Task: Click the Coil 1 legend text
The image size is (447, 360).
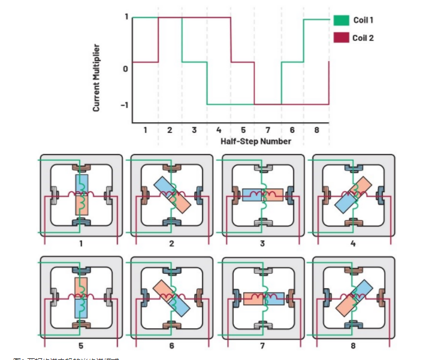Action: coord(364,20)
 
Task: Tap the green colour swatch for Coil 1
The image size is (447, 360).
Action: coord(341,20)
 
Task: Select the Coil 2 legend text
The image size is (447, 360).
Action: coord(364,38)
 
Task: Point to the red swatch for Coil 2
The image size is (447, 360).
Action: coord(341,38)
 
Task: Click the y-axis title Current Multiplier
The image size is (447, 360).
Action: coord(96,78)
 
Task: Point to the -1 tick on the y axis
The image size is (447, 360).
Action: coord(124,105)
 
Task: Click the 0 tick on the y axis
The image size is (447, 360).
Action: coord(125,69)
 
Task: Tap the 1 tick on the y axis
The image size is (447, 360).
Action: coord(126,17)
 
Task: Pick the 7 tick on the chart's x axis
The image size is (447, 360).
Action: coord(268,130)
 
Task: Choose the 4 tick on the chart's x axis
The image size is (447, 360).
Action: coord(219,130)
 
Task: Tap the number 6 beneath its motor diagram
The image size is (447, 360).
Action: coord(172,346)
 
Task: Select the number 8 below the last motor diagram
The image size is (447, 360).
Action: coord(353,346)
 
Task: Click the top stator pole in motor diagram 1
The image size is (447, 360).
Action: coord(82,169)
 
